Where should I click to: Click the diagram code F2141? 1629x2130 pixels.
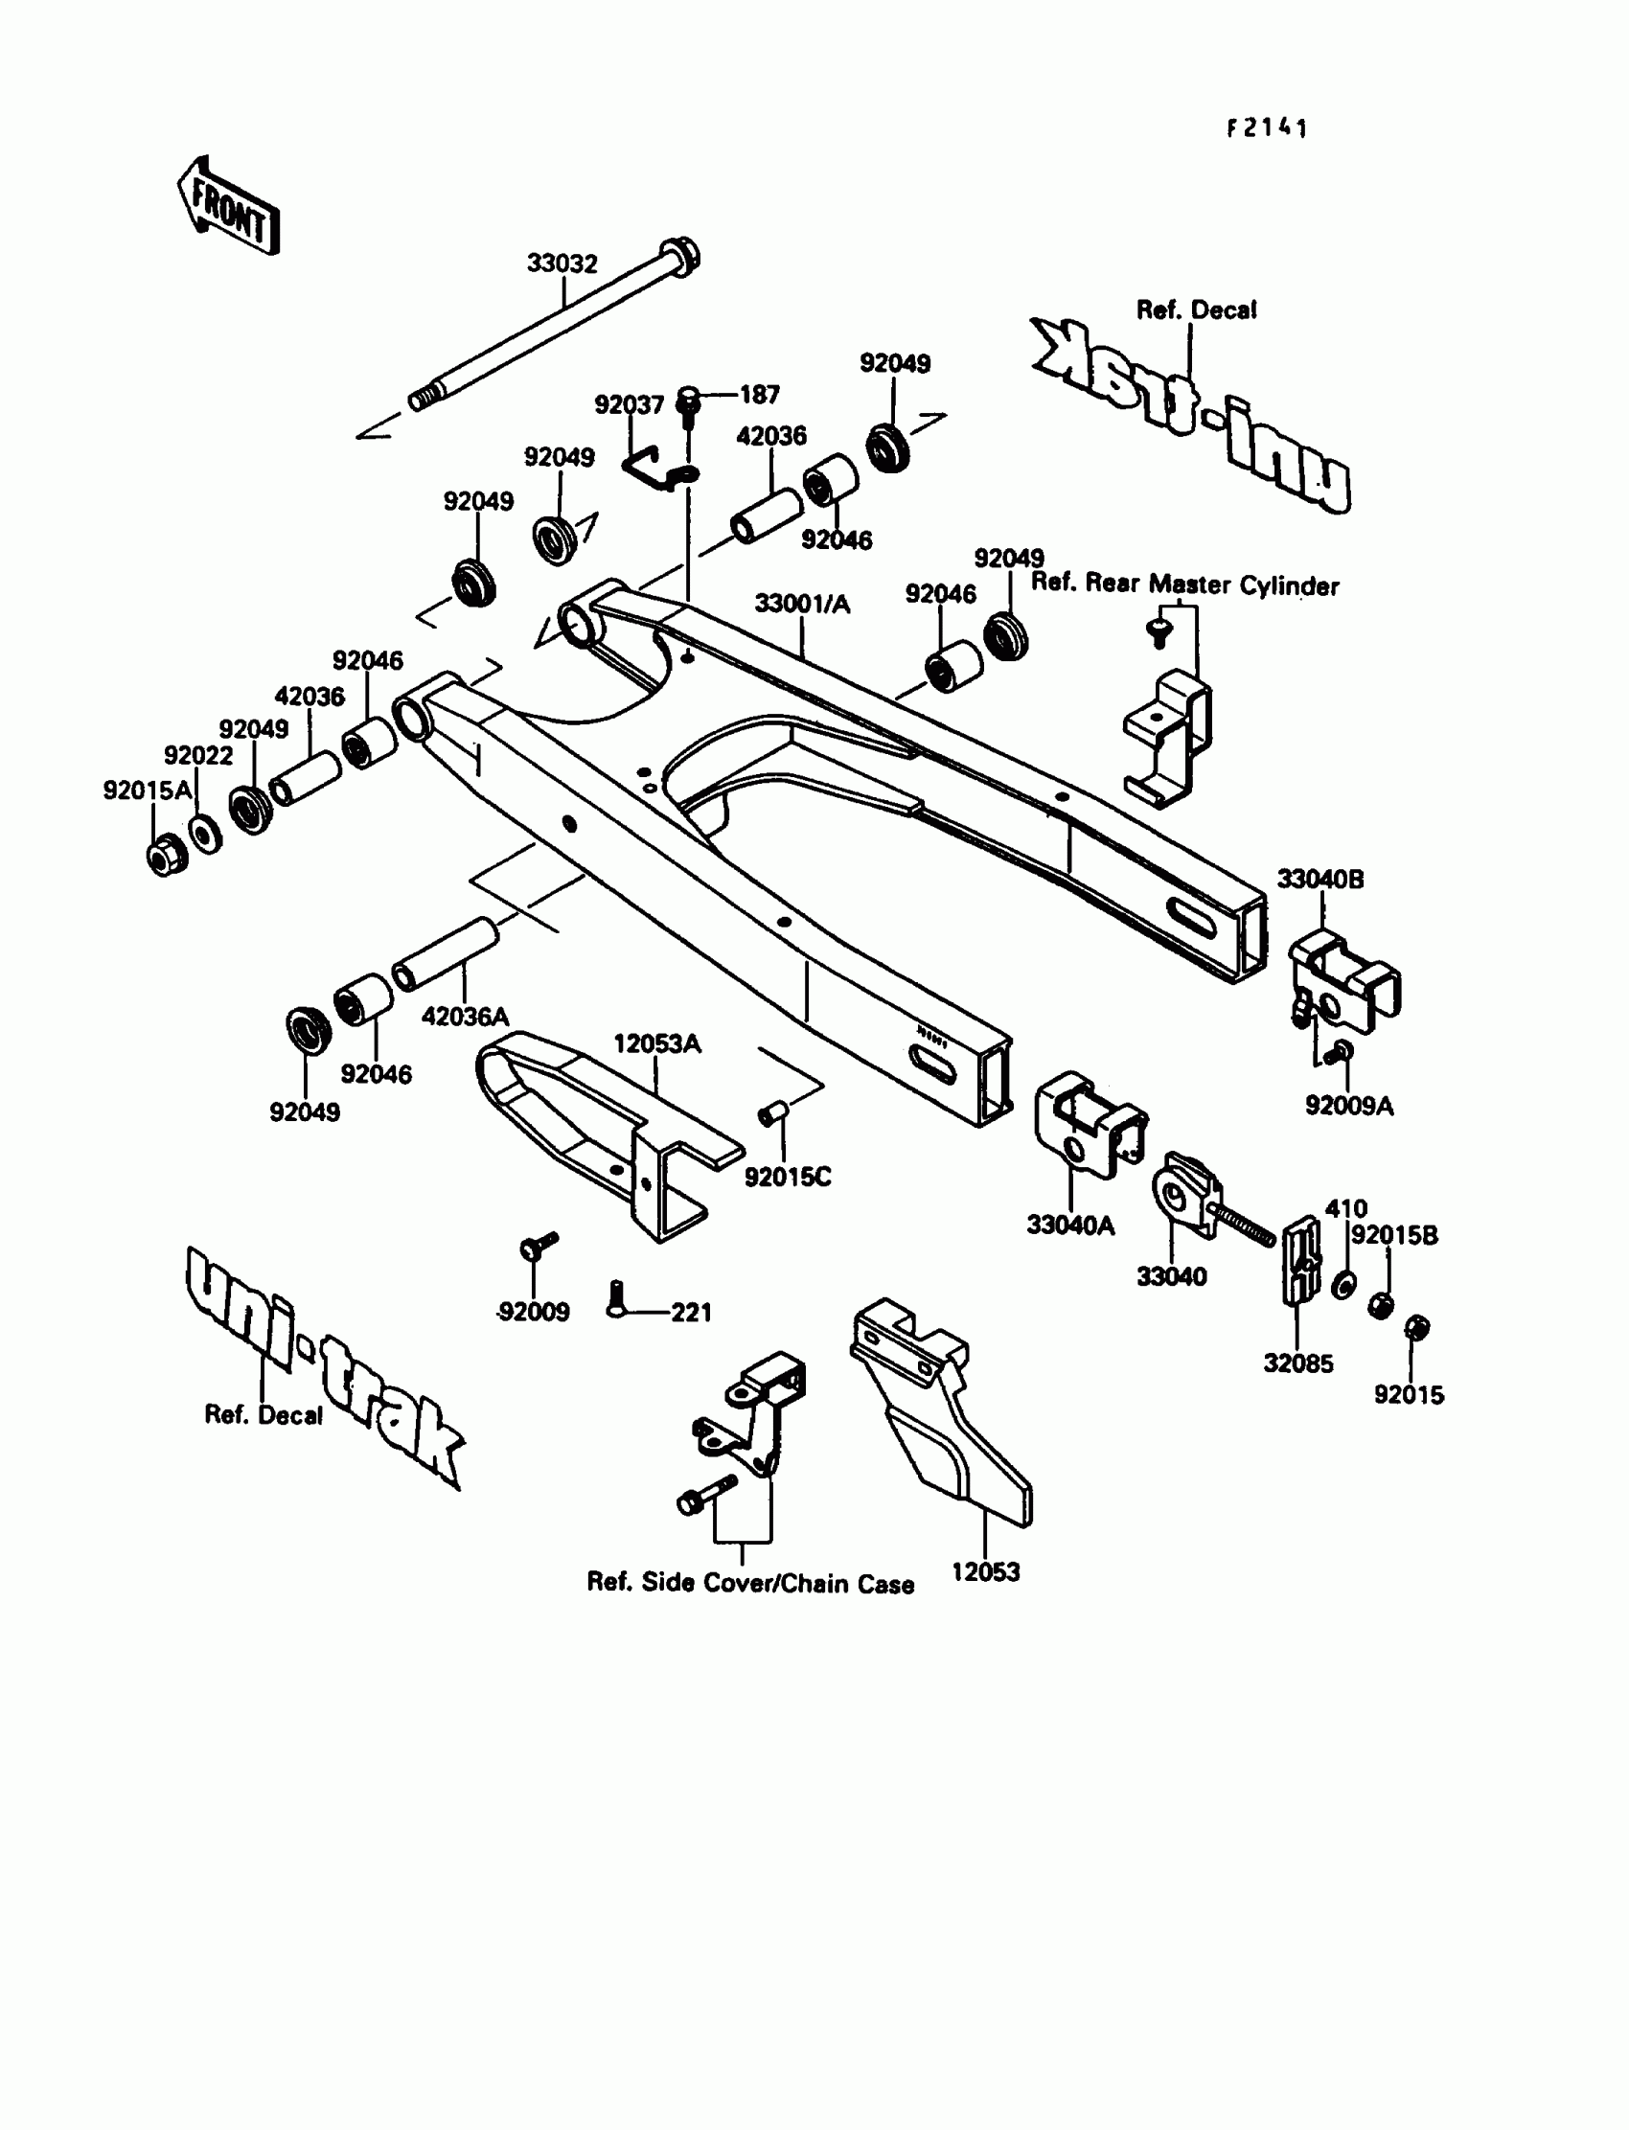coord(1267,129)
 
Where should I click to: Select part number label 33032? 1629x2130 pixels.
coord(562,263)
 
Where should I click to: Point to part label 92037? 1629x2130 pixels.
coord(629,405)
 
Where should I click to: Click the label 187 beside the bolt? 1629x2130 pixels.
coord(759,395)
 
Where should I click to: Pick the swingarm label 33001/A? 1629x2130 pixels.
coord(802,604)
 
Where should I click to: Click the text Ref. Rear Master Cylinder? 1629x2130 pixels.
coord(1184,584)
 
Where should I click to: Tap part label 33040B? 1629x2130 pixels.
coord(1319,880)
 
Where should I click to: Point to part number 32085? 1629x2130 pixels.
coord(1297,1363)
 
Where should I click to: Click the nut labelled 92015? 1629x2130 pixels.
coord(1416,1327)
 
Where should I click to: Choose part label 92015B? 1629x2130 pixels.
coord(1394,1235)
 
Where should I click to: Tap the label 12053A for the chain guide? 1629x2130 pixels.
coord(656,1044)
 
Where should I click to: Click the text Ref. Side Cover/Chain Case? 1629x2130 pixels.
coord(750,1583)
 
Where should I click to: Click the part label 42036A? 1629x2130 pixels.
coord(465,1017)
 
